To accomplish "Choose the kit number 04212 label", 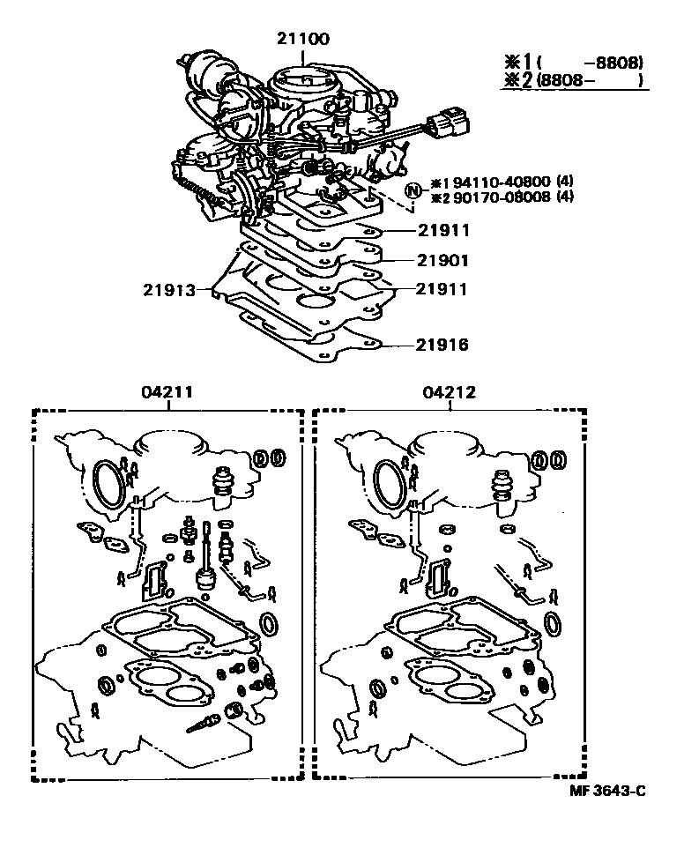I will (450, 393).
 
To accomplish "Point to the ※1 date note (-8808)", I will (573, 63).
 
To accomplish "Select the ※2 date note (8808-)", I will (573, 82).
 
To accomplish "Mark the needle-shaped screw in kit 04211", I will (202, 723).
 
